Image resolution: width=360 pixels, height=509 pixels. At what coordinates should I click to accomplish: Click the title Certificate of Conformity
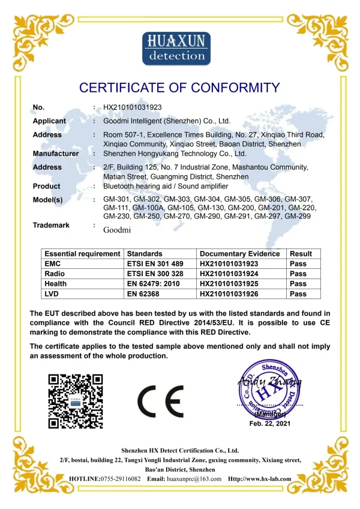[x=179, y=88]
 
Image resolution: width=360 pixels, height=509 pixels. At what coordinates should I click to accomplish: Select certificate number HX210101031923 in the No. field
[x=131, y=107]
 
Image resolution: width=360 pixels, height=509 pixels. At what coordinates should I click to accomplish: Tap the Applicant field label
[x=49, y=121]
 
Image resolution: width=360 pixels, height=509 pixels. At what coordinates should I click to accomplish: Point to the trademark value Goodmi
[x=116, y=229]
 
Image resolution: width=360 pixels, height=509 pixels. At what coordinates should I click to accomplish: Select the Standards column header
[x=145, y=254]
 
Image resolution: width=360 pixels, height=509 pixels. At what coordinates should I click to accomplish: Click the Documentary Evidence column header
[x=239, y=254]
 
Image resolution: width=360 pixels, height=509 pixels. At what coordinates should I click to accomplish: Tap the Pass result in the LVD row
[x=298, y=294]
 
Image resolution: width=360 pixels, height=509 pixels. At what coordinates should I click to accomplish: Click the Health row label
[x=56, y=284]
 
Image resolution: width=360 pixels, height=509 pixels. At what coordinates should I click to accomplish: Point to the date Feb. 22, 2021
[x=269, y=424]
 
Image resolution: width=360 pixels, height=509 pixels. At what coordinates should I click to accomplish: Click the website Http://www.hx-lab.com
[x=260, y=479]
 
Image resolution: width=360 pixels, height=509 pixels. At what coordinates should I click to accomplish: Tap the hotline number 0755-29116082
[x=119, y=479]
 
